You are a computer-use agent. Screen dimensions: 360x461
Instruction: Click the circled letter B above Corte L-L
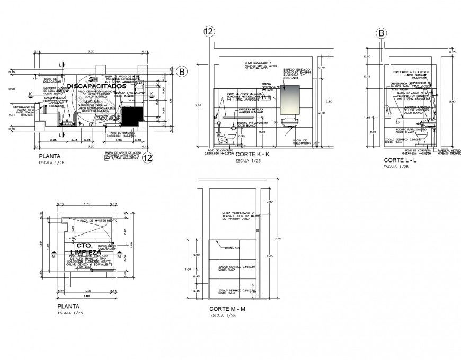381,33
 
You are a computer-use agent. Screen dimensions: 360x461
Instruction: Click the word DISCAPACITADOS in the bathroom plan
97,86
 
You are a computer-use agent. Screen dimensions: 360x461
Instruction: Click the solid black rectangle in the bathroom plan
130,114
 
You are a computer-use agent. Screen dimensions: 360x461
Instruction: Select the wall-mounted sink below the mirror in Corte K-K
289,122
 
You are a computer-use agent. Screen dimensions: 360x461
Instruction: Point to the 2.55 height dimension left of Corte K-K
198,105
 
